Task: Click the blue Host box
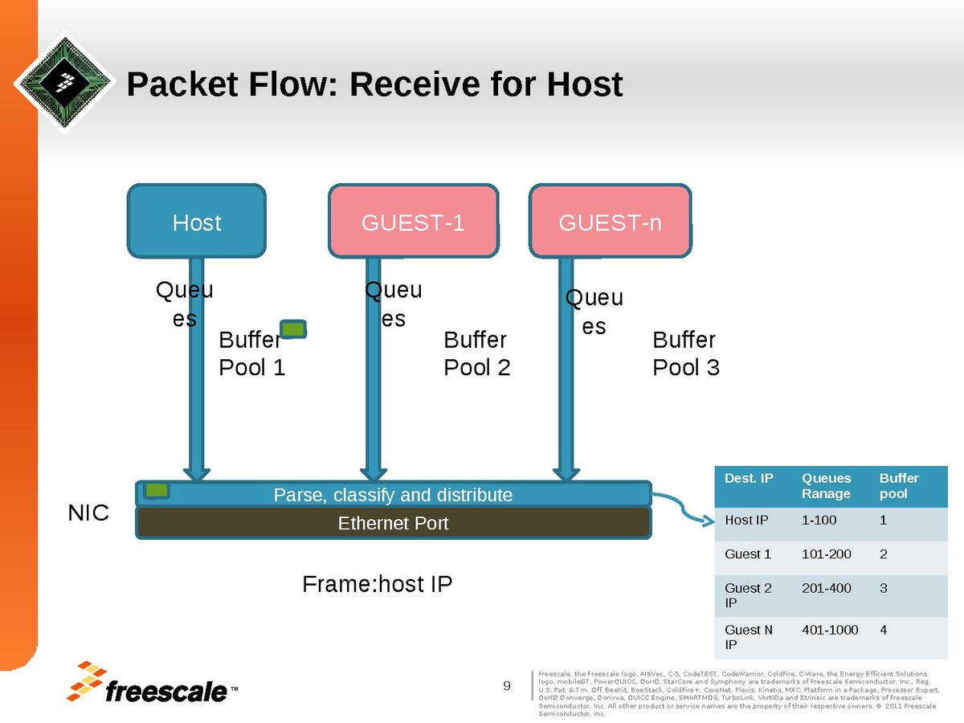197,222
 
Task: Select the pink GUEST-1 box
413,222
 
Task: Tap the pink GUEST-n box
610,222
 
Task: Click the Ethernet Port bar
393,524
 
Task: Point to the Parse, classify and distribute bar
393,495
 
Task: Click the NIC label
88,513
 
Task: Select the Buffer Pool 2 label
477,353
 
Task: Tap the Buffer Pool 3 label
686,353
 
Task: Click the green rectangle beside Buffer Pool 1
293,329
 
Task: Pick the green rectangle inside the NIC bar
157,490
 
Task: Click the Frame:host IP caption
377,584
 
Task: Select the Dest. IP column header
748,479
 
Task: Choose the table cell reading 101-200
826,554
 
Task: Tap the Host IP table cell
746,521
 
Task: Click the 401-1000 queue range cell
830,630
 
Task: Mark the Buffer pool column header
899,485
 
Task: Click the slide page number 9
507,685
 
